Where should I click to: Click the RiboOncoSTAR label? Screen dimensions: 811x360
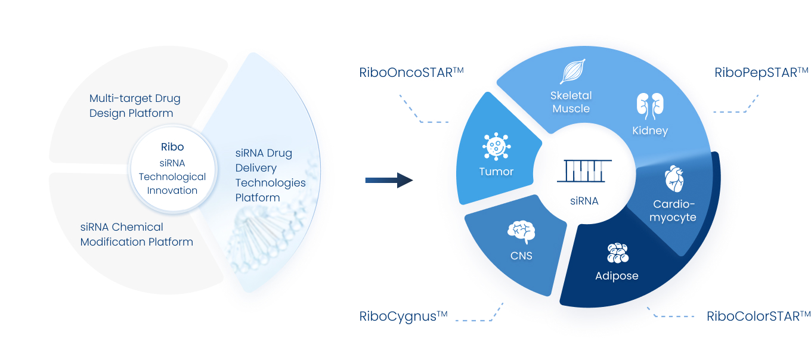click(x=411, y=72)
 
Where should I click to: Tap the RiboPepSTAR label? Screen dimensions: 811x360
click(x=762, y=73)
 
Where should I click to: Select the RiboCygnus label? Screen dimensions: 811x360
click(x=403, y=316)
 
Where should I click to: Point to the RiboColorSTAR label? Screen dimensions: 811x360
click(x=759, y=316)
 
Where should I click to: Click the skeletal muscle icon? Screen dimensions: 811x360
click(x=572, y=72)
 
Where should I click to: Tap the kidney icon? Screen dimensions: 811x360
click(x=650, y=106)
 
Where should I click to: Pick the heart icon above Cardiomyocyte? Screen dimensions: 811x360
click(x=674, y=179)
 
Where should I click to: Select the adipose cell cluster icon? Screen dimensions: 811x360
click(x=618, y=253)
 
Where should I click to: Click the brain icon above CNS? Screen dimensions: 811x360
click(x=521, y=232)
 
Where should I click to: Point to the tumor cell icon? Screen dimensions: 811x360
click(x=496, y=146)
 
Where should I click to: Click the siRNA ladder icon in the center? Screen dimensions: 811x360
click(x=584, y=171)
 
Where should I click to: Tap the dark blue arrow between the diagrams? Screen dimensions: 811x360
click(x=389, y=180)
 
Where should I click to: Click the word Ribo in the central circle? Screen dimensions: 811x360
click(x=172, y=147)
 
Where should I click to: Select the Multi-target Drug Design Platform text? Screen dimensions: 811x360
click(x=135, y=105)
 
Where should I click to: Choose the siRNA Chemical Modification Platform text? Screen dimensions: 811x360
click(x=137, y=234)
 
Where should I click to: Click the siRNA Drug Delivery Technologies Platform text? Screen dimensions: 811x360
click(x=271, y=175)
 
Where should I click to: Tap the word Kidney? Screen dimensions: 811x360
click(x=650, y=131)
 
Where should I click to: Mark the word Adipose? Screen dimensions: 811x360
click(x=617, y=276)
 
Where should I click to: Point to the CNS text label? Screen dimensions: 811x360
click(x=521, y=256)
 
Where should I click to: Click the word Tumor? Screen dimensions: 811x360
click(x=496, y=172)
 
